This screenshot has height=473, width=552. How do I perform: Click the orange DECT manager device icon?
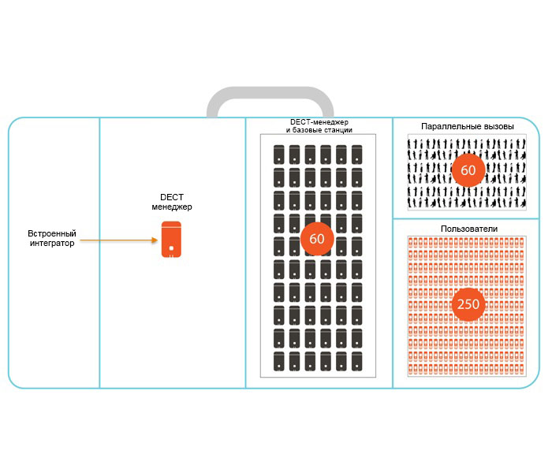[172, 239]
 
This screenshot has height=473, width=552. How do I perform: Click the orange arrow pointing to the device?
[118, 239]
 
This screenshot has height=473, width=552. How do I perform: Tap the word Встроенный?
[52, 233]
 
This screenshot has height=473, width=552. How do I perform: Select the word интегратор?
[52, 244]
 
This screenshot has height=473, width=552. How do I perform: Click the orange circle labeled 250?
[468, 304]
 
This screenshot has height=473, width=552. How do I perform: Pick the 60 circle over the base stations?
[317, 238]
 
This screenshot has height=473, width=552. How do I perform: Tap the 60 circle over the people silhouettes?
[468, 170]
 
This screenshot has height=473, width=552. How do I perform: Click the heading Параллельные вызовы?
[468, 126]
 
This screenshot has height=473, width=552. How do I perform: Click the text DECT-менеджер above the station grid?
[319, 122]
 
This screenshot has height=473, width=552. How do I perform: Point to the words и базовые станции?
[319, 130]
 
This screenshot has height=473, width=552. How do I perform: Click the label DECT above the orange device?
[172, 198]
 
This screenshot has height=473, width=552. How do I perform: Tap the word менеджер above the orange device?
[172, 207]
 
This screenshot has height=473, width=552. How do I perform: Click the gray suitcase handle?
[270, 99]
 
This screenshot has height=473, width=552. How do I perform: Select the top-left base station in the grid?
[278, 154]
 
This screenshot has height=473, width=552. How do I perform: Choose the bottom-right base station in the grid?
[356, 362]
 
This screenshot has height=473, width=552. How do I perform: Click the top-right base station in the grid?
[356, 154]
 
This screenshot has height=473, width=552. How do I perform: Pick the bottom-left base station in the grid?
[278, 362]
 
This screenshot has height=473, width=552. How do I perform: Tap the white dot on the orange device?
[172, 252]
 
